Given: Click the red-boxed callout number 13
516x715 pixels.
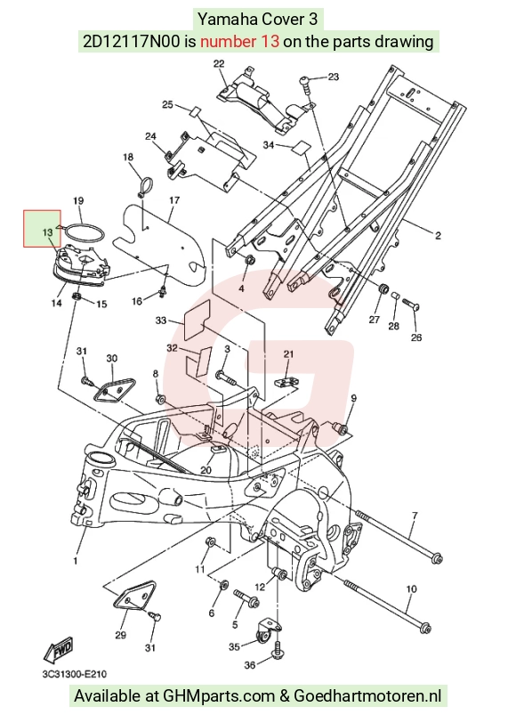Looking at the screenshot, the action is point(47,232).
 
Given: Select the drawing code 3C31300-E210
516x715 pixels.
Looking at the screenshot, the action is point(75,673).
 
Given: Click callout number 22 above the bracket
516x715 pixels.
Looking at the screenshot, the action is point(219,63).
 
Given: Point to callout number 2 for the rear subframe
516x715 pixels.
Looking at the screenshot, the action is point(438,236).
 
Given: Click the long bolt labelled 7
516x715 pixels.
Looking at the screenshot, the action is point(399,536).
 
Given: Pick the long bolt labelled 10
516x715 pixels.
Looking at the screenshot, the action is point(388,606).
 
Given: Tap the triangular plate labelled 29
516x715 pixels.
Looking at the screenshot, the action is point(134,597).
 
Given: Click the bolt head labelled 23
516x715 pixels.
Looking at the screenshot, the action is point(305,83).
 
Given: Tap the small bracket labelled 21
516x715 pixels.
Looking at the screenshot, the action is point(285,380).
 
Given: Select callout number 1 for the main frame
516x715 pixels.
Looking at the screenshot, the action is point(76,560).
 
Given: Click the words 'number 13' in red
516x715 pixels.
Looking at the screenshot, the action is point(239,42).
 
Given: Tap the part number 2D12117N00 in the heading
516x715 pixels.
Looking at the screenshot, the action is point(132,42).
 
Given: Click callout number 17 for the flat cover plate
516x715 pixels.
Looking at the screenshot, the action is point(174,200).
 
